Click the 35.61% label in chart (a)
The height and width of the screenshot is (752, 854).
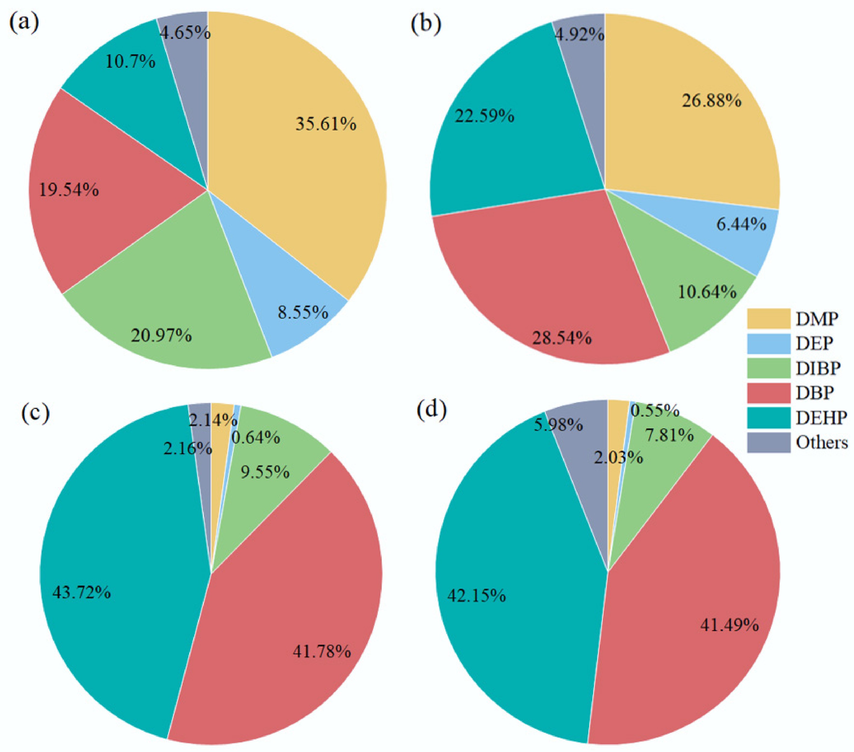(x=326, y=124)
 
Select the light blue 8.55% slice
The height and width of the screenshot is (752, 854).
(x=292, y=301)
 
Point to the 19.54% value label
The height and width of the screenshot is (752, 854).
(x=69, y=190)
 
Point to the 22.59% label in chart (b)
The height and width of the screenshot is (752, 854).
(x=484, y=116)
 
